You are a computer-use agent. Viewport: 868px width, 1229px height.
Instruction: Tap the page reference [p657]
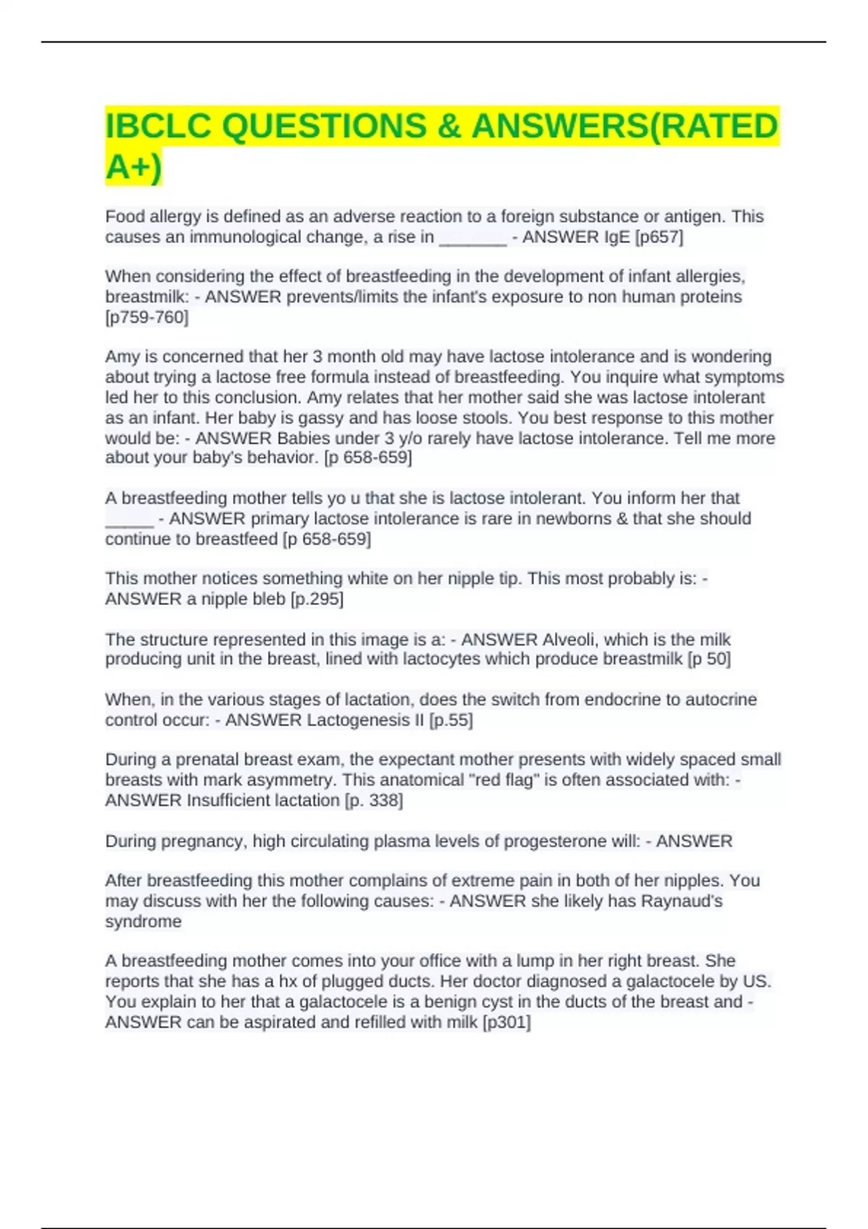point(658,237)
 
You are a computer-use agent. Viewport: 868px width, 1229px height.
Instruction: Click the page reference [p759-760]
point(147,317)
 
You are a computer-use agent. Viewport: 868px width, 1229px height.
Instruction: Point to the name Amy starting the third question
point(120,356)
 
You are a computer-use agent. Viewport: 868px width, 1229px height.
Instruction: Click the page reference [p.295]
point(317,599)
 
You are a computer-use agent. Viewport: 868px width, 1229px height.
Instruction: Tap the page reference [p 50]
point(709,659)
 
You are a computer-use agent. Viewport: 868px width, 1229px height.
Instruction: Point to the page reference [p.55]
point(451,720)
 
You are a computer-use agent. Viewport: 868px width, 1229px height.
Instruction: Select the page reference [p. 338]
point(374,800)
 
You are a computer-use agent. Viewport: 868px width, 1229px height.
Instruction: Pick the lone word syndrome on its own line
point(143,921)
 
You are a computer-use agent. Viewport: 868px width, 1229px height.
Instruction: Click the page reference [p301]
point(506,1022)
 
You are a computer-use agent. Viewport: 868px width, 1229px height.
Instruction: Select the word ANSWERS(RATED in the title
point(625,127)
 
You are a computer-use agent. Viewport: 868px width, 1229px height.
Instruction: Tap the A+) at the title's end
point(134,168)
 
